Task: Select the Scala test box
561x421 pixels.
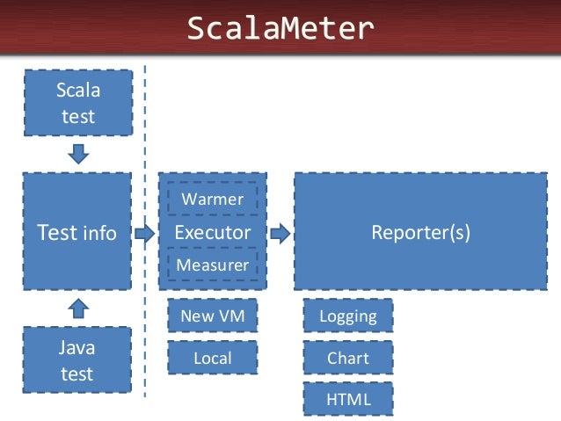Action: (77, 103)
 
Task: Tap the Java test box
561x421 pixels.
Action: (77, 360)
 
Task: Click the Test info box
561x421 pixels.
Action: (77, 231)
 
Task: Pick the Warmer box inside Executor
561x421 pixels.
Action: (212, 199)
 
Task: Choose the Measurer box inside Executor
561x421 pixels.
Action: (212, 265)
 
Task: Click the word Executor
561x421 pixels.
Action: (212, 233)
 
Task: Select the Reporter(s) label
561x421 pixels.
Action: (420, 233)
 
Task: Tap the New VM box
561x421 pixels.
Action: (212, 316)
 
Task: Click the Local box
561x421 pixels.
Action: (212, 358)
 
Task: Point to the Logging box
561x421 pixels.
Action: (348, 316)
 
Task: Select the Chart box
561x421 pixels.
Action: (348, 358)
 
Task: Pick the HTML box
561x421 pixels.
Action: (348, 398)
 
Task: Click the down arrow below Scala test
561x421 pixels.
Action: (78, 154)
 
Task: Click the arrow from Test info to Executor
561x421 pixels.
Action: (145, 233)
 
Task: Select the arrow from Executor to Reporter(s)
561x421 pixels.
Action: (280, 233)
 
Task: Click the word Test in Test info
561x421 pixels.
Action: (57, 233)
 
